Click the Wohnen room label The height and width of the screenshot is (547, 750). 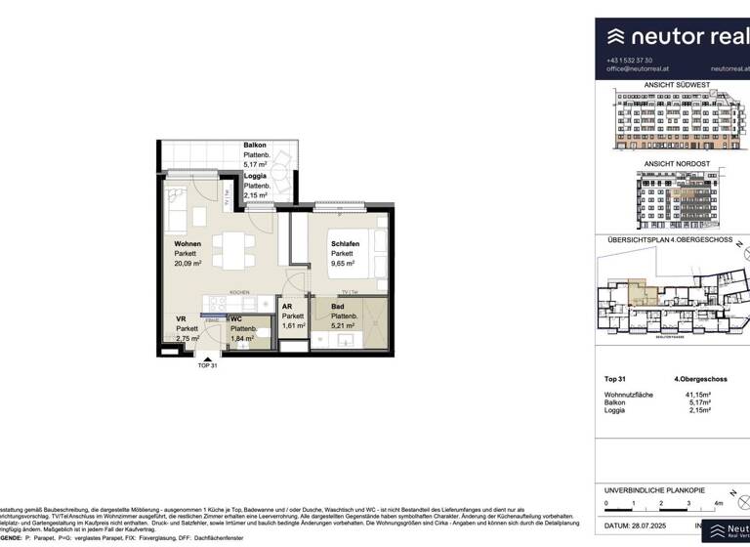pyautogui.click(x=188, y=243)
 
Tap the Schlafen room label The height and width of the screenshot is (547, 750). pyautogui.click(x=347, y=243)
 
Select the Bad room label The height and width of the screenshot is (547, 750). pyautogui.click(x=338, y=306)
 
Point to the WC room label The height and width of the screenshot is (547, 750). pyautogui.click(x=236, y=318)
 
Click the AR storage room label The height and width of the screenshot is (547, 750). pyautogui.click(x=287, y=306)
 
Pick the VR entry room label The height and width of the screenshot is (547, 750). pyautogui.click(x=182, y=318)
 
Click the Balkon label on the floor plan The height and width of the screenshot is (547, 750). pyautogui.click(x=255, y=146)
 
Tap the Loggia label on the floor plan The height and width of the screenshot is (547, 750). pyautogui.click(x=257, y=176)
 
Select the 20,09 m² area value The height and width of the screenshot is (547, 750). pyautogui.click(x=188, y=264)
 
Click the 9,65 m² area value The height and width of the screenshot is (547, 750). pyautogui.click(x=346, y=264)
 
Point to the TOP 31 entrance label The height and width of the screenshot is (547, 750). pyautogui.click(x=208, y=365)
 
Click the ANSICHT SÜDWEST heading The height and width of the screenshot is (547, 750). pyautogui.click(x=672, y=85)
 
